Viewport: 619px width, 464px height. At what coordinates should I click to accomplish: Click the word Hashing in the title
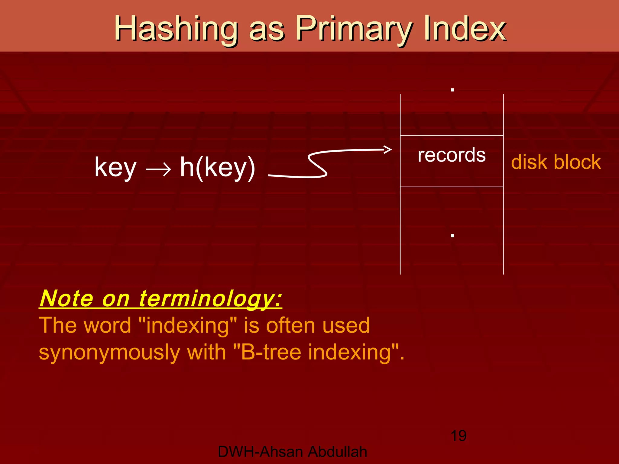(x=175, y=29)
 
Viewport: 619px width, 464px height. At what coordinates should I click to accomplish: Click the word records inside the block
(x=452, y=155)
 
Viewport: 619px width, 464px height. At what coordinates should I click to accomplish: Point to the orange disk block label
(x=556, y=162)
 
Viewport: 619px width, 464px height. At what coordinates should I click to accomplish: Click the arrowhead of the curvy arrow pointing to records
(x=388, y=149)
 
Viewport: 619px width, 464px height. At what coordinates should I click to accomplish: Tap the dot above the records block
(x=452, y=90)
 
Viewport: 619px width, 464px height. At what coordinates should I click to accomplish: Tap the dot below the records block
(x=452, y=235)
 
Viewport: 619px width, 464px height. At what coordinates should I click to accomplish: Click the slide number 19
(x=458, y=436)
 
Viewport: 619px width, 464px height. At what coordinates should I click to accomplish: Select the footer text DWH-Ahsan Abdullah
(x=292, y=452)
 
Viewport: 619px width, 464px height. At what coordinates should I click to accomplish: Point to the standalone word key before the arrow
(x=115, y=168)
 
